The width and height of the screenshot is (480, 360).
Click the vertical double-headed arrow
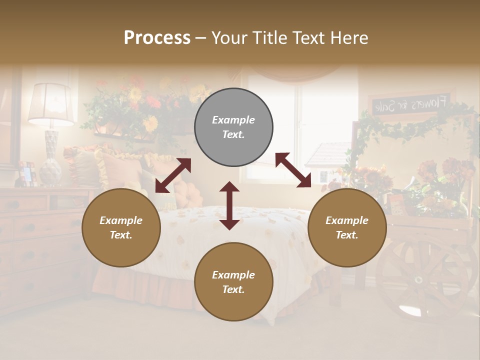pyautogui.click(x=229, y=205)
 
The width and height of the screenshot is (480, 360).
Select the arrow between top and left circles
pyautogui.click(x=173, y=175)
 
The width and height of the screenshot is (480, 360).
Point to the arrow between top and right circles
pyautogui.click(x=293, y=170)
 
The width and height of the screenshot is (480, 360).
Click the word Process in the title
pyautogui.click(x=157, y=37)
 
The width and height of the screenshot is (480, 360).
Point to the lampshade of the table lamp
pyautogui.click(x=50, y=103)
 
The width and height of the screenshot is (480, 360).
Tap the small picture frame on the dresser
pyautogui.click(x=27, y=173)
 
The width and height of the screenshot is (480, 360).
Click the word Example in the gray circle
pyautogui.click(x=233, y=120)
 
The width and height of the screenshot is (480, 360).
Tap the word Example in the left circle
pyautogui.click(x=121, y=220)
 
